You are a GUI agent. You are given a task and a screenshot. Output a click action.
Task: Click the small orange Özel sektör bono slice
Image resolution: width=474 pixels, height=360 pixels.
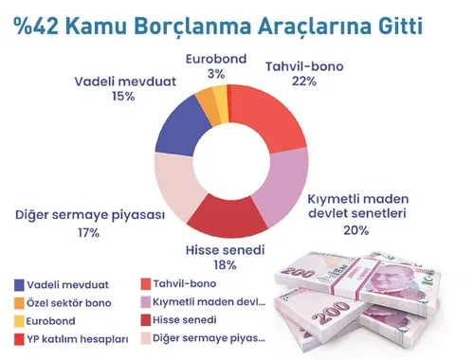click(x=207, y=100)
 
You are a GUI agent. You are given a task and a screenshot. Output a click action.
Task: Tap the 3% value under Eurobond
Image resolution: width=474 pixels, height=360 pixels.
click(x=216, y=73)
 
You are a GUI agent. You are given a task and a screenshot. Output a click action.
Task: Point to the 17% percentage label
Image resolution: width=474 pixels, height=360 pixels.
click(x=89, y=232)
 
